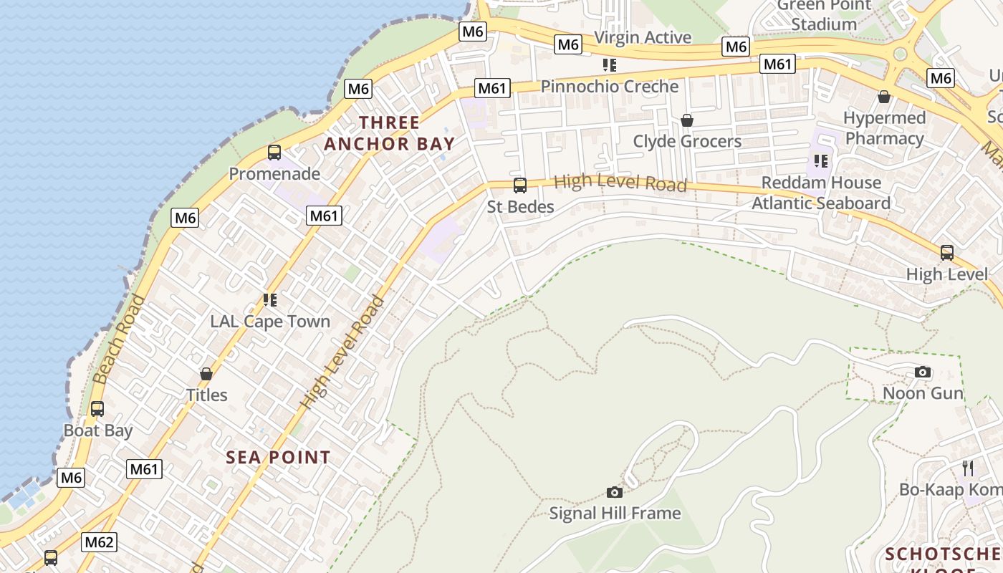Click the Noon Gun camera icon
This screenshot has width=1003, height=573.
pos(923,372)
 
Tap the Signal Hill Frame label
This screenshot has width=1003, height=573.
pos(615,513)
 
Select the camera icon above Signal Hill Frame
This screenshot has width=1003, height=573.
pos(614,492)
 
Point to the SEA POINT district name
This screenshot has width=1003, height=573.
pos(279,457)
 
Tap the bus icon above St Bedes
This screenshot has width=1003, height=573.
pos(520,186)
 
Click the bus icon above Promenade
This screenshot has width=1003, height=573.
pos(274,152)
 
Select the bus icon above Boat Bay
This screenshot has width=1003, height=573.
pos(97,409)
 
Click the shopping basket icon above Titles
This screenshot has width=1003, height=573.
pos(206,373)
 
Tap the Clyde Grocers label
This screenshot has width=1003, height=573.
pos(687,141)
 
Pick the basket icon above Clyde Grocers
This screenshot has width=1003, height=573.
pos(687,120)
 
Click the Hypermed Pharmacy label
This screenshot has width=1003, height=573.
pos(884,128)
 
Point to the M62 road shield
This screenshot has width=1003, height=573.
pos(99,542)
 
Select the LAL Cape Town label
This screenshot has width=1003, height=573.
pos(270,321)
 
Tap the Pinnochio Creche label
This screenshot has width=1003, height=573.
pos(609,87)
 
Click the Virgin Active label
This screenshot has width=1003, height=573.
pos(643,37)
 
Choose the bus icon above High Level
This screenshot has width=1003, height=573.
pos(947,252)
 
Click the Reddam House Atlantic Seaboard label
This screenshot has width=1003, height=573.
pos(821,193)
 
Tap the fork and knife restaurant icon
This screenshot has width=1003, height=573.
pos(968,468)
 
